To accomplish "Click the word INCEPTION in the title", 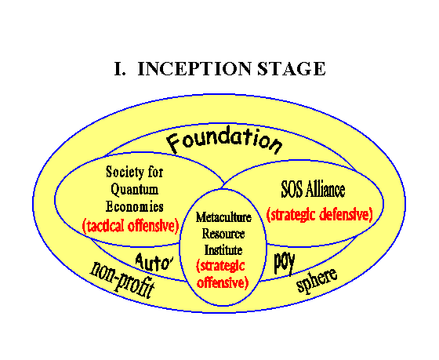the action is click(194, 69).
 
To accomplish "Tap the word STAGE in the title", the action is click(291, 69).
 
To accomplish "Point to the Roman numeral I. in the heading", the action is click(120, 69).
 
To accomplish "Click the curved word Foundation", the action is click(224, 140).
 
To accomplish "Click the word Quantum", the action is click(134, 190).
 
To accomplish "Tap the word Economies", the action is click(134, 206).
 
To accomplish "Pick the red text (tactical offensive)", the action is click(131, 226).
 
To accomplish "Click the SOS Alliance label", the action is click(313, 190).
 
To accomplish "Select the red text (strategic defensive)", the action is click(320, 215).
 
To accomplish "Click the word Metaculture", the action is click(223, 217).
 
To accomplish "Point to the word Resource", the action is click(223, 234).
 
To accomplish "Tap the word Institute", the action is click(223, 250).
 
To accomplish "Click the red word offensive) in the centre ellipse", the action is click(223, 282).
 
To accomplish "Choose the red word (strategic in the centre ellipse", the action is click(220, 267).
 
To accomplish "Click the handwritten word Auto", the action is click(154, 263).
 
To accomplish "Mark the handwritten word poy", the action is click(284, 263).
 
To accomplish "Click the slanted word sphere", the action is click(317, 280).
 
